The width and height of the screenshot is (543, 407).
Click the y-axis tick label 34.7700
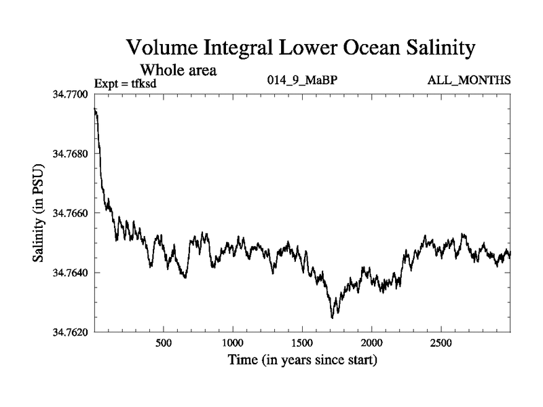(x=71, y=94)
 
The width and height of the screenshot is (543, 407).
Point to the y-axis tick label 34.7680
(x=71, y=153)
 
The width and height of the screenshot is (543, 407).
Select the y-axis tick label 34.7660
(x=71, y=213)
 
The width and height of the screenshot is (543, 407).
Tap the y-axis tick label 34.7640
(x=71, y=273)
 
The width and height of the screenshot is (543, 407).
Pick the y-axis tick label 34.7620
(x=71, y=332)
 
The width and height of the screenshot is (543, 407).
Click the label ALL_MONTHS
(x=469, y=81)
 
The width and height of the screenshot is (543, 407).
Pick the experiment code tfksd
(x=143, y=85)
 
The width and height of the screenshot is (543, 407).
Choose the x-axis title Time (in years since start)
(x=302, y=359)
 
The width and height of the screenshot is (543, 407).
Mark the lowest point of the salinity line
(x=332, y=317)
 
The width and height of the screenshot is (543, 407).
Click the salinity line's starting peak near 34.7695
(x=95, y=109)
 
